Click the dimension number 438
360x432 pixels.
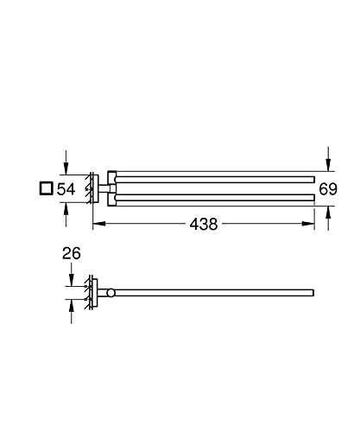[x=204, y=224]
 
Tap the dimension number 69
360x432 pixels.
[x=328, y=189]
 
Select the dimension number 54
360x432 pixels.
[x=66, y=189]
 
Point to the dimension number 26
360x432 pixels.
[x=72, y=253]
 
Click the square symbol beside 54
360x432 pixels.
[x=46, y=188]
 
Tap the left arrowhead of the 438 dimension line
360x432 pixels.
[x=99, y=224]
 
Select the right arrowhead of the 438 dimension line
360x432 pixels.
[x=308, y=224]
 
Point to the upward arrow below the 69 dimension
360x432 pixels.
[x=328, y=218]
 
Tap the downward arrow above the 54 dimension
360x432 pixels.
[x=66, y=162]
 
